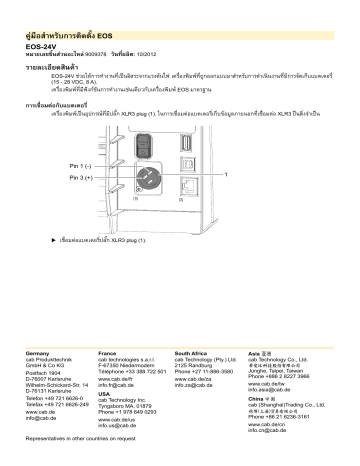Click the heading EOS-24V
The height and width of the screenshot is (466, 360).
43,46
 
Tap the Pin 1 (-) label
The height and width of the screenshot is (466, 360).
79,164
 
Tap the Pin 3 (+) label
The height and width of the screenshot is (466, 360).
79,177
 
